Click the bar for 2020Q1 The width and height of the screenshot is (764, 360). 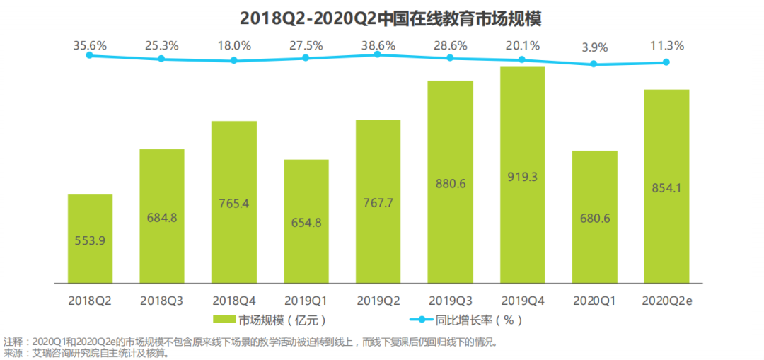(x=594, y=216)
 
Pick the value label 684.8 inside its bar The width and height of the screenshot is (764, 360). (x=162, y=217)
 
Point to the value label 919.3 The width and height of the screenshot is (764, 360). (x=522, y=175)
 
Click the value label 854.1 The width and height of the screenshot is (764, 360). (x=666, y=187)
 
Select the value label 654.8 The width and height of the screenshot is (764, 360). (x=306, y=222)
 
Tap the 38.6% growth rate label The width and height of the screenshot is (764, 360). (x=378, y=45)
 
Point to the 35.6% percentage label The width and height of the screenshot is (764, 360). (x=90, y=45)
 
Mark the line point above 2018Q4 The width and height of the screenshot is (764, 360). (x=234, y=61)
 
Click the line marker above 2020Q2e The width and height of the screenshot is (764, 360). (x=666, y=62)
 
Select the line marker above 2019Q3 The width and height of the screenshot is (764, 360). (x=450, y=58)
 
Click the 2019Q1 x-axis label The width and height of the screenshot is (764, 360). (x=306, y=300)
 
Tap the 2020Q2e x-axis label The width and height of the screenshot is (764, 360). (x=666, y=300)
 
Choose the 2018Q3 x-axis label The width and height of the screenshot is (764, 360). (x=162, y=300)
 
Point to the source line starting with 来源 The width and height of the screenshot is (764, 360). (x=86, y=352)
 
